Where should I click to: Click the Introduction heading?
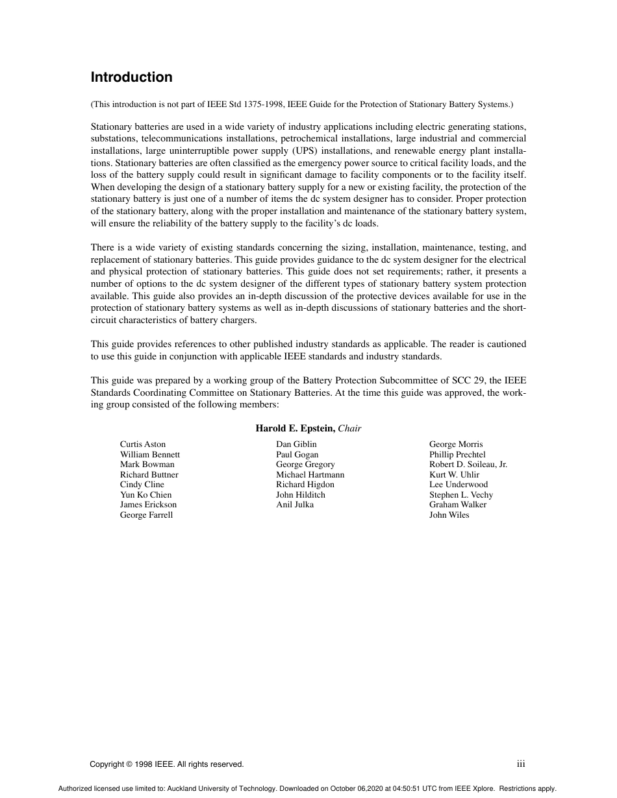click(132, 77)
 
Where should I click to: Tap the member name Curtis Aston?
click(143, 444)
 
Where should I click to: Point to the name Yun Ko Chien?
click(146, 494)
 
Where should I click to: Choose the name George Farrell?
click(146, 515)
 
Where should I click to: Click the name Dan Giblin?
click(296, 444)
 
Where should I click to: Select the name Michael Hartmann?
click(310, 475)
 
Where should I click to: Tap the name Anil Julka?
click(294, 505)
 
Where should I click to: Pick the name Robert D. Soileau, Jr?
click(468, 465)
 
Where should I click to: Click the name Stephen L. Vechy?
click(461, 495)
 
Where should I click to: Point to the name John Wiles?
click(449, 515)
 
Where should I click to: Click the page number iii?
click(521, 764)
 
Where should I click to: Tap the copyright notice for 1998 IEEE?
click(167, 764)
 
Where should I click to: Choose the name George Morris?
click(456, 444)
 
